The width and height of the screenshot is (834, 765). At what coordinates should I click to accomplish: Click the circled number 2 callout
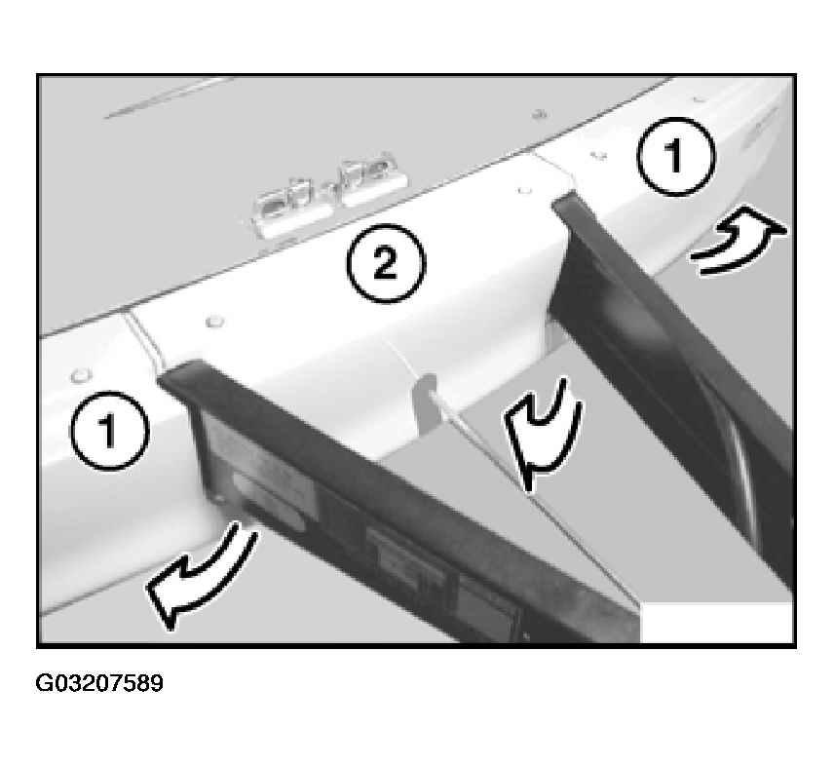pos(386,264)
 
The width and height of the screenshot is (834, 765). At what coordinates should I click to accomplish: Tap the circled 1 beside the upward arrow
pos(676,156)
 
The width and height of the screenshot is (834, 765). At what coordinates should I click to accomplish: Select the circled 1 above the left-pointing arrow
pos(109,430)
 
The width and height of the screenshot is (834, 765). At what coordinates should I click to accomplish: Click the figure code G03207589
pos(99,683)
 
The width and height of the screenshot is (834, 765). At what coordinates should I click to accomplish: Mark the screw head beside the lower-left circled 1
pos(80,375)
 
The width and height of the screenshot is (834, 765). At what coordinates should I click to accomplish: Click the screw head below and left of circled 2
pos(214,321)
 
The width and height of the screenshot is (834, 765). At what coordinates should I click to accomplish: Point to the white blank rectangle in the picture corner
pos(716,623)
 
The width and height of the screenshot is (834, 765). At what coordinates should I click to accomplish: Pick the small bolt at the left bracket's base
pos(217,499)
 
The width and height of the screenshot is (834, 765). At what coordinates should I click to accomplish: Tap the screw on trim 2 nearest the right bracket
pos(524,189)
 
